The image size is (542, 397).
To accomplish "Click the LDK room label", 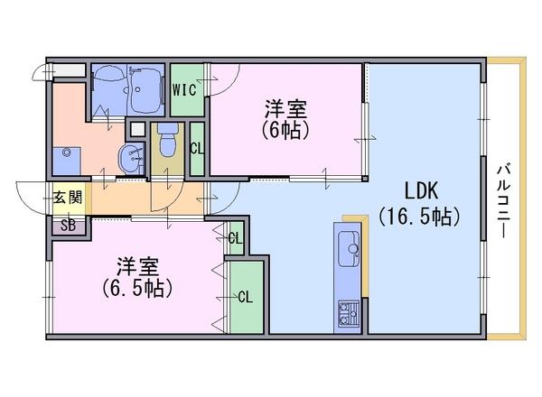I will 420,191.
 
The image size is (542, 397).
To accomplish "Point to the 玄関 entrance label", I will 67,197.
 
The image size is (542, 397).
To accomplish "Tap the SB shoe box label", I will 68,225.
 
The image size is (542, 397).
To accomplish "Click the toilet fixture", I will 166,140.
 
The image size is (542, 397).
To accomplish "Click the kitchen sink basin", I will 348,245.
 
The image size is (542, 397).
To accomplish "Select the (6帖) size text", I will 285,130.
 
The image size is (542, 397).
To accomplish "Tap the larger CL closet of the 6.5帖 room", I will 245,296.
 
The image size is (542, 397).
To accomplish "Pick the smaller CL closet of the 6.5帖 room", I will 234,238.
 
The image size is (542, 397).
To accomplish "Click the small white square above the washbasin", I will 136,129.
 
